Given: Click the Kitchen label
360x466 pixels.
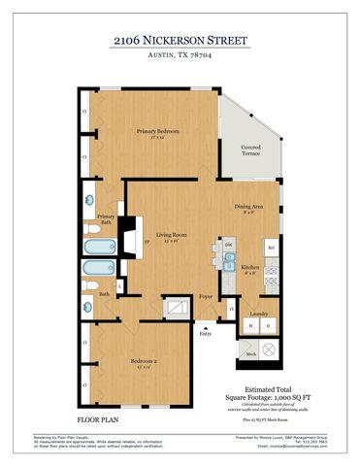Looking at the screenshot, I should point(249,266).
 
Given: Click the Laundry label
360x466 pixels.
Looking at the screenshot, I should point(258,313).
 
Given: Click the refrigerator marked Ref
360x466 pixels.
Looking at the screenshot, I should point(271,249).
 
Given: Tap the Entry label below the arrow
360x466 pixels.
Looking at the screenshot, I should point(205,334).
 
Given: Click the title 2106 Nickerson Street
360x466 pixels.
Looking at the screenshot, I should point(180,40).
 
